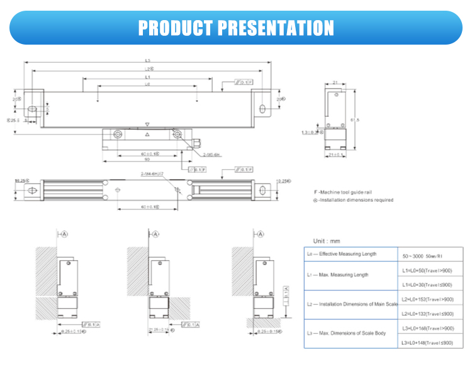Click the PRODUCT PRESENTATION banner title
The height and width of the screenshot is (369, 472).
tap(236, 28)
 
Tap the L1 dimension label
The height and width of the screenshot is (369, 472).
tap(147, 77)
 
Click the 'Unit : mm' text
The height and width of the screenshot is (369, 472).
tap(327, 241)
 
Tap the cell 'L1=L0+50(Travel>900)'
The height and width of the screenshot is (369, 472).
tap(427, 270)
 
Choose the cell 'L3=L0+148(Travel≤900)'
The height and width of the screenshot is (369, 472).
tap(427, 343)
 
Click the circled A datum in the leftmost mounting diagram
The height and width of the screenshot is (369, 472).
tap(65, 233)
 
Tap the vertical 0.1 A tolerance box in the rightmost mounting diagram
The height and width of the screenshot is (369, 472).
tap(286, 293)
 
